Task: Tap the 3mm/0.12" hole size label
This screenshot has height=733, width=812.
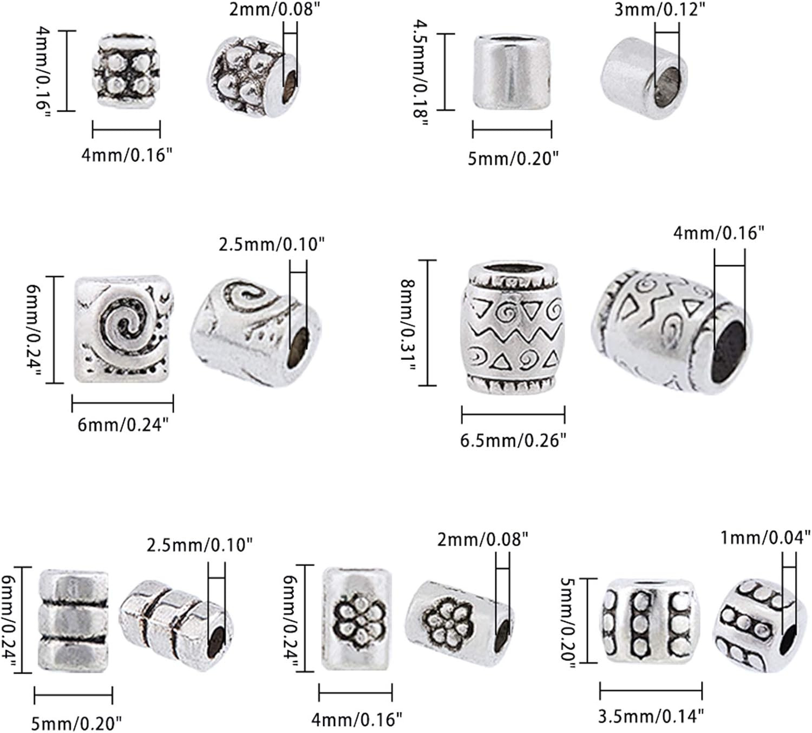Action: (660, 9)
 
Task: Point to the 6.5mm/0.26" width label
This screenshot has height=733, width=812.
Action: (513, 440)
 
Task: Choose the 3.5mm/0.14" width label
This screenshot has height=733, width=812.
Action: (651, 716)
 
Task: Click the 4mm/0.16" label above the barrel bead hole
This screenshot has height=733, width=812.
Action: (718, 233)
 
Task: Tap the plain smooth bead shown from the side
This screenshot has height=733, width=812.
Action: (512, 73)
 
